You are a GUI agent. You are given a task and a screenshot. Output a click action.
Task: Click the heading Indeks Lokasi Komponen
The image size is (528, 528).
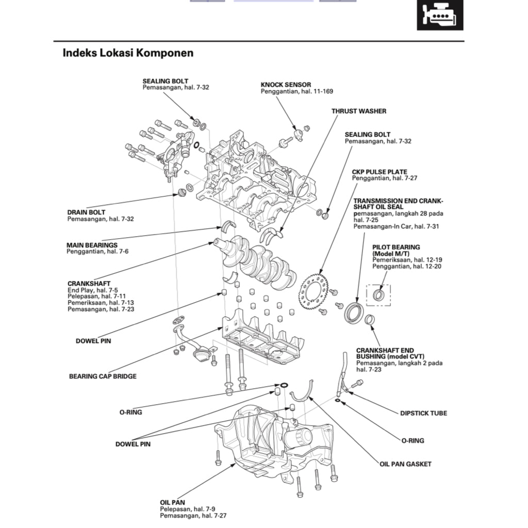(128, 53)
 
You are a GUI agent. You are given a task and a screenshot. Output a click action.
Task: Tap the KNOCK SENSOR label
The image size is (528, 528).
(286, 85)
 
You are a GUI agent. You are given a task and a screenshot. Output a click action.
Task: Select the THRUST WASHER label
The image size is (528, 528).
(358, 111)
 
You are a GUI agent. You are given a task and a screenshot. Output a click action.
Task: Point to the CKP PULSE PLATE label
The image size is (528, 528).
(379, 172)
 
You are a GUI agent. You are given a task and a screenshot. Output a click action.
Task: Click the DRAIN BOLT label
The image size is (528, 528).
(86, 212)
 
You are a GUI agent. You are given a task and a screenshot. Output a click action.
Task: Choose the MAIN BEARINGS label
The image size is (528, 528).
(92, 245)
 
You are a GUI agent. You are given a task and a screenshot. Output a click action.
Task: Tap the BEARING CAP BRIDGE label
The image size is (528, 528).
(103, 376)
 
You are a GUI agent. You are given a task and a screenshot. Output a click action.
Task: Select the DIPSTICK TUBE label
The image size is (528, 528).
(423, 413)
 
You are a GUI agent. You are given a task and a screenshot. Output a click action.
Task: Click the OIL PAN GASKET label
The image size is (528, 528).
(405, 464)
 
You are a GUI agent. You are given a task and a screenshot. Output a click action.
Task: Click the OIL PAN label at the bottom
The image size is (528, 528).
(172, 502)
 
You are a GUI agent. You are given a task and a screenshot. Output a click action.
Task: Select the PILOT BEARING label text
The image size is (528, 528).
(396, 247)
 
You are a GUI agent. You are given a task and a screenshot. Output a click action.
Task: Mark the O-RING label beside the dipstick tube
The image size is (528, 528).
(412, 440)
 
